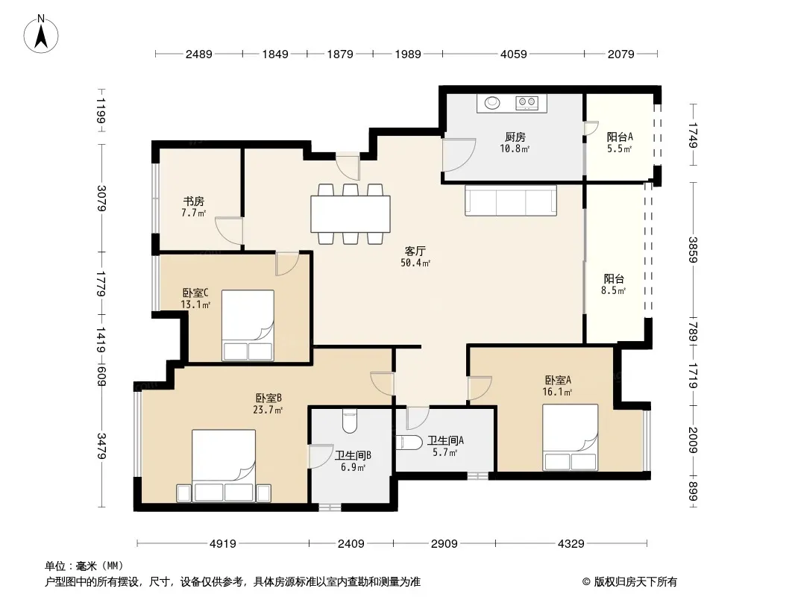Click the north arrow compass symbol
coord(41,34)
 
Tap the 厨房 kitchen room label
coord(515,137)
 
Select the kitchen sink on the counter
coord(491,103)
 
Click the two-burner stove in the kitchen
coord(527,103)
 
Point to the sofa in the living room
coord(511,200)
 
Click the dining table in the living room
coord(351,213)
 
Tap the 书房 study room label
coord(194,201)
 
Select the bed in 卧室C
coord(248,325)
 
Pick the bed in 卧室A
coord(570,437)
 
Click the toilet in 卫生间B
coord(350,421)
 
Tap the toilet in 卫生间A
coord(409,443)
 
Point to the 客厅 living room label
coord(415,251)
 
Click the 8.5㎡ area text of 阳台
coord(614,290)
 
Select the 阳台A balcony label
coord(620,137)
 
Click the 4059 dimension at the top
coord(514,54)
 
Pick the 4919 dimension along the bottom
coord(222,544)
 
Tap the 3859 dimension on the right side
coord(693,250)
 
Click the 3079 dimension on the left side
coord(101,199)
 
